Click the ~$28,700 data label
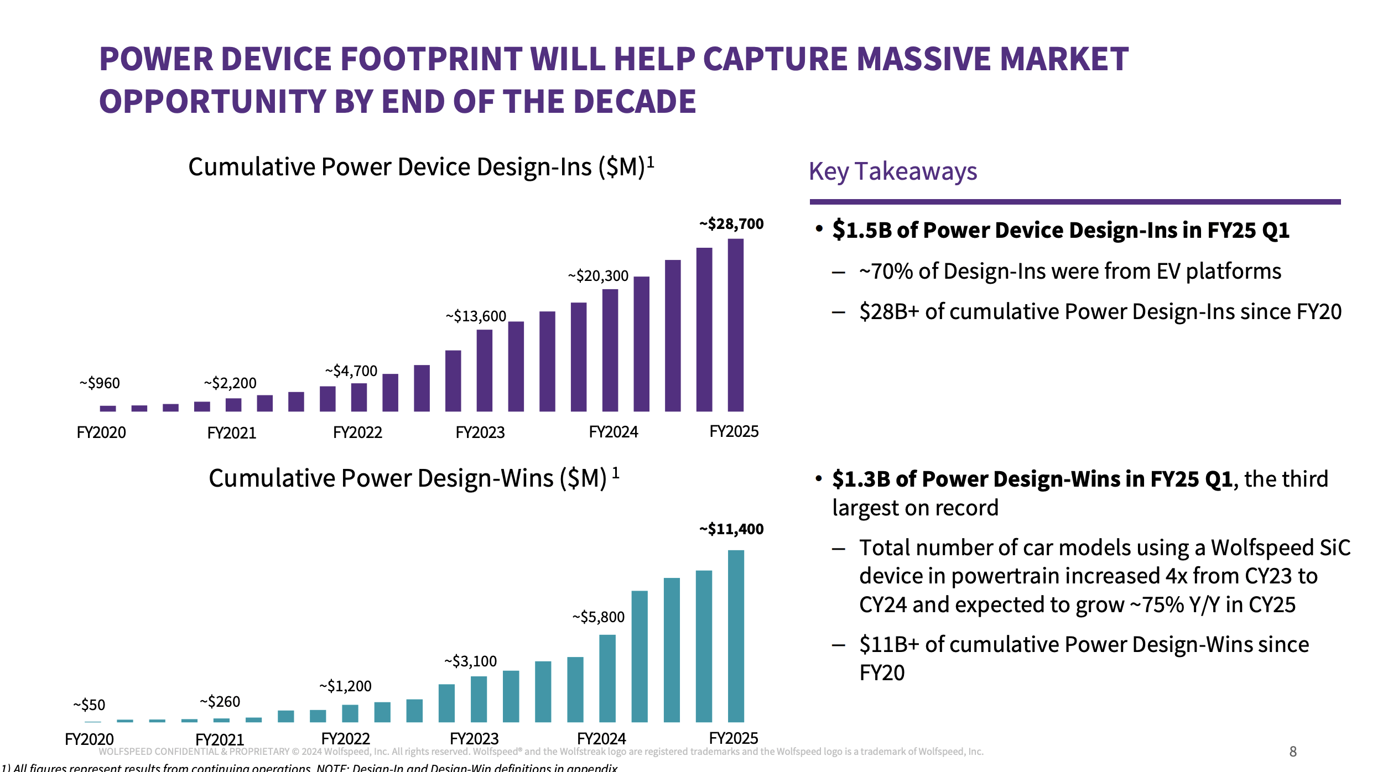click(731, 224)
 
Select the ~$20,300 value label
click(598, 275)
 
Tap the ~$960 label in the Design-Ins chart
click(100, 383)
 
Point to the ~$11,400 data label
click(731, 529)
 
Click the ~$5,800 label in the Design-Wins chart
click(598, 617)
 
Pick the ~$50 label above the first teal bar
click(89, 705)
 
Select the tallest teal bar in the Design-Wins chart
click(736, 636)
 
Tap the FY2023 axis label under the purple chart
click(480, 432)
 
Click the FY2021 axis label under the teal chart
click(220, 739)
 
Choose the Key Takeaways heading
click(893, 171)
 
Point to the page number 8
click(1293, 751)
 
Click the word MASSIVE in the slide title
click(921, 60)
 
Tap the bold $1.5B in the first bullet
click(861, 230)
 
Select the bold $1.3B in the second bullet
click(861, 479)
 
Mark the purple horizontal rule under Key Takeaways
click(1074, 202)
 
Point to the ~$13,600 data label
click(476, 316)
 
